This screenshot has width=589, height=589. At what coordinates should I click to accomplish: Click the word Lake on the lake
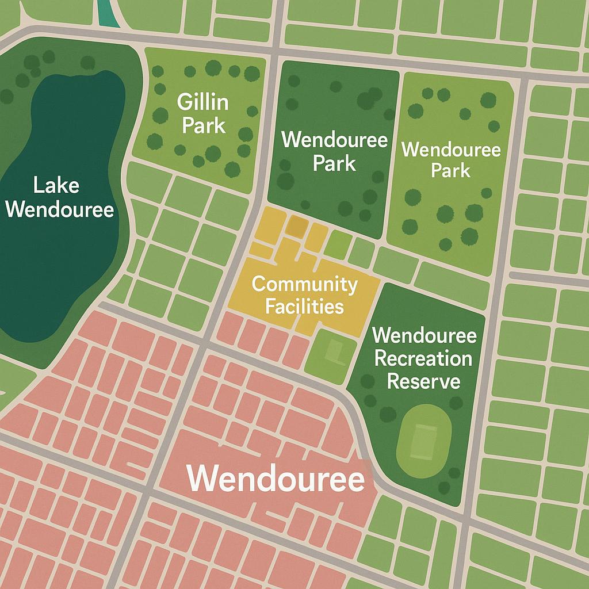[56, 186]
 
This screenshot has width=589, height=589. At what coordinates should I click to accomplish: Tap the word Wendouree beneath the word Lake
[59, 210]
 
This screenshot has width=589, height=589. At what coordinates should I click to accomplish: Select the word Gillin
[202, 103]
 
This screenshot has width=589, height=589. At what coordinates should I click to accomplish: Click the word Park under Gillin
[204, 125]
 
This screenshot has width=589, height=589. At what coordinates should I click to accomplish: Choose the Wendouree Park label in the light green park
[451, 160]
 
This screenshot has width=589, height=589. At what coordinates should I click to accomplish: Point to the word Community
[304, 284]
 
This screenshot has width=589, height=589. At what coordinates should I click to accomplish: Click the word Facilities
[304, 306]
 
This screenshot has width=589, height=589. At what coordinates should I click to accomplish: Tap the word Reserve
[423, 381]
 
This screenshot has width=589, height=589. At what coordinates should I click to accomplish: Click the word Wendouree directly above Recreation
[424, 335]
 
